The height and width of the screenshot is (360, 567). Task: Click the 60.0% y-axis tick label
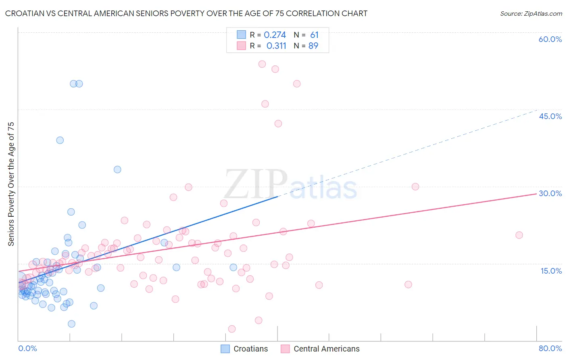point(550,39)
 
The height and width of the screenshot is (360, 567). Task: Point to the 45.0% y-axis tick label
point(550,116)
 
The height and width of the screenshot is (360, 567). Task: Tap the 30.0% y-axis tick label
point(550,193)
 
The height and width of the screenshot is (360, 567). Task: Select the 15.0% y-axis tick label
point(551,271)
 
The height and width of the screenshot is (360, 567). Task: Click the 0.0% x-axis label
point(27,348)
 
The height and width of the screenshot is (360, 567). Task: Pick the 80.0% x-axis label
point(550,348)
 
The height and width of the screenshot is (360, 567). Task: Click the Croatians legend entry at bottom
point(244,349)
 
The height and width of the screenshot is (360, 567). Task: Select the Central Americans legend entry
point(320,349)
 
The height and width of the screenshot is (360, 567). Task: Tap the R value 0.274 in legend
point(275,35)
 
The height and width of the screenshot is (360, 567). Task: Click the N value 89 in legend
point(313,46)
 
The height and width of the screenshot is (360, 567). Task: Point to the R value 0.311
point(276,46)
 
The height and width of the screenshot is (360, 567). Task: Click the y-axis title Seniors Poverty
point(11,184)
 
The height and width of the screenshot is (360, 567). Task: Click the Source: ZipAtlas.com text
point(531,13)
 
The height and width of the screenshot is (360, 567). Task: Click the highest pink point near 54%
point(262,64)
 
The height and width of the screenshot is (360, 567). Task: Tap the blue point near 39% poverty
point(60,140)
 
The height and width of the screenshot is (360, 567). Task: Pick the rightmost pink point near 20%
point(519,235)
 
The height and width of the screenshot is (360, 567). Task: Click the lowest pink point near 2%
point(232,329)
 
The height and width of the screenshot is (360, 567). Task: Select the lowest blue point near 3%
point(71,324)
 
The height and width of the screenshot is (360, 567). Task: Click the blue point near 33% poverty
point(117,170)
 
